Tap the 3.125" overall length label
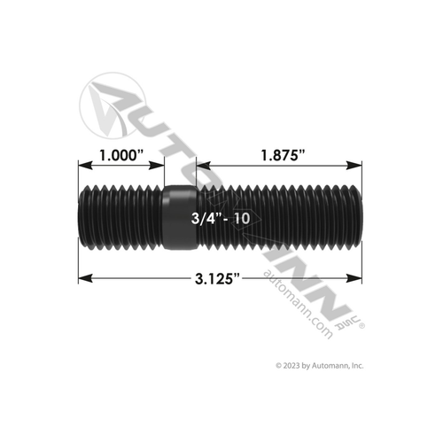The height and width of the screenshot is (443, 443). pos(218,278)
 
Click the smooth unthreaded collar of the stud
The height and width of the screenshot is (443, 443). pos(180,216)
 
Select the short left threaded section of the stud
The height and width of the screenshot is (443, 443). pos(121,216)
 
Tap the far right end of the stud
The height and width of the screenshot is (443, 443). pos(361,216)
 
